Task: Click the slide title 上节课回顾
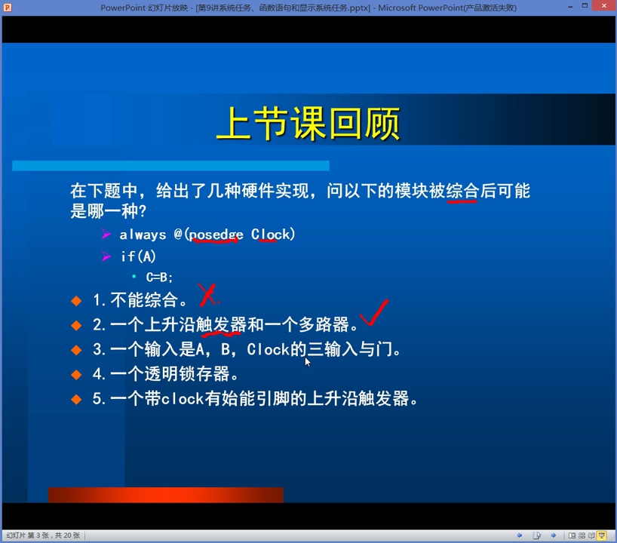pyautogui.click(x=308, y=124)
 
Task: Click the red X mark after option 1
pyautogui.click(x=207, y=295)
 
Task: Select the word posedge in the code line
pyautogui.click(x=216, y=235)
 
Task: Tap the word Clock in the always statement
pyautogui.click(x=271, y=235)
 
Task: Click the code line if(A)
pyautogui.click(x=138, y=256)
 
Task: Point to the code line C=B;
pyautogui.click(x=159, y=277)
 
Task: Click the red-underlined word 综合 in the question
pyautogui.click(x=462, y=191)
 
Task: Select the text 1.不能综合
pyautogui.click(x=140, y=300)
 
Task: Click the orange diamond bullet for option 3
pyautogui.click(x=76, y=350)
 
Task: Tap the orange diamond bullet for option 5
pyautogui.click(x=76, y=399)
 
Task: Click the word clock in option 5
pyautogui.click(x=183, y=399)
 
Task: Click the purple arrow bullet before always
pyautogui.click(x=106, y=235)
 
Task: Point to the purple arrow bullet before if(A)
pyautogui.click(x=106, y=256)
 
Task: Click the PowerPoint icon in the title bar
pyautogui.click(x=8, y=8)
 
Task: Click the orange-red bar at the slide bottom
pyautogui.click(x=166, y=495)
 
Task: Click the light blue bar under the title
pyautogui.click(x=170, y=166)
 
